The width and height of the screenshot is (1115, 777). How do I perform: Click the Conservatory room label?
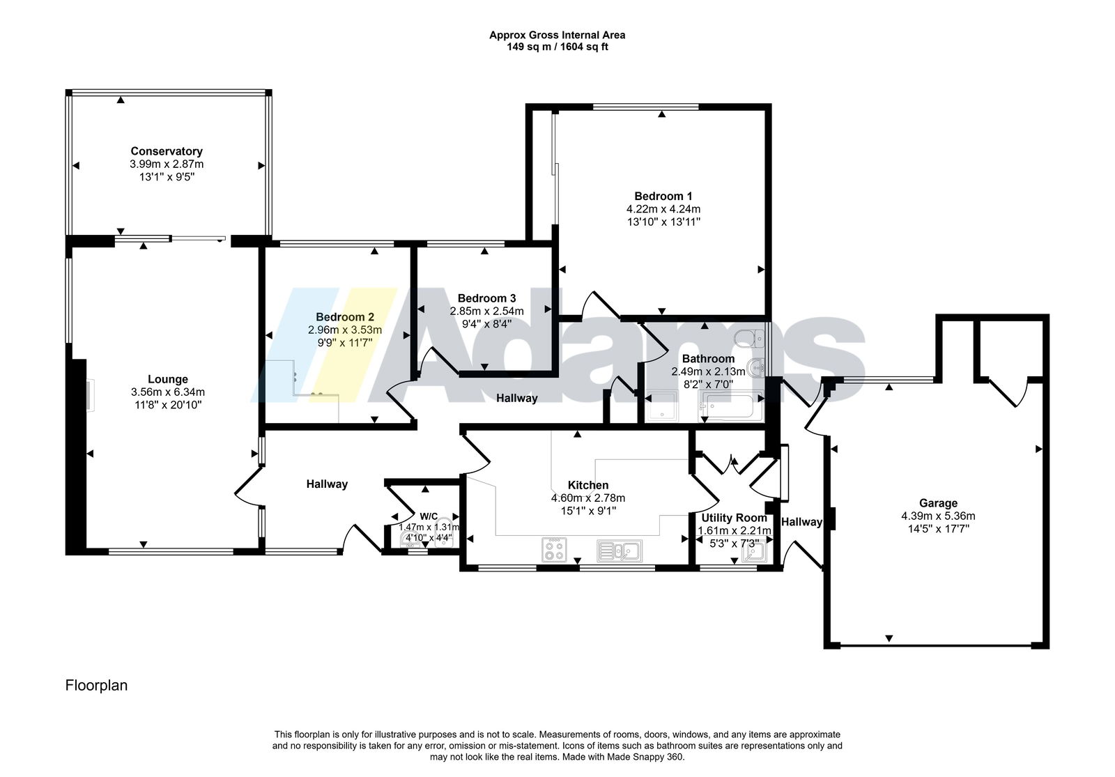click(167, 151)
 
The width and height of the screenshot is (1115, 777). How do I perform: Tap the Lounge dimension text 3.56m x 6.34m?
click(168, 392)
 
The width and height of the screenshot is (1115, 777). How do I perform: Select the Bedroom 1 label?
click(663, 196)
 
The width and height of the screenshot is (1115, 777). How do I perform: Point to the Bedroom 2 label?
click(345, 317)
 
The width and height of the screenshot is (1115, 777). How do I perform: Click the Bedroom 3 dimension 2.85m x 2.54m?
click(487, 311)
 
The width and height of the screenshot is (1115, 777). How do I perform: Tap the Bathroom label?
click(708, 358)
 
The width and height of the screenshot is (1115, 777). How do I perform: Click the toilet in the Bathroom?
click(749, 339)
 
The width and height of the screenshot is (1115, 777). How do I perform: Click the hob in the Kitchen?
click(554, 550)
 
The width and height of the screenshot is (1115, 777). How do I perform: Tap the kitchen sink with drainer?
click(620, 551)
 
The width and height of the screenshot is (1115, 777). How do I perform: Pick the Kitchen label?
click(588, 485)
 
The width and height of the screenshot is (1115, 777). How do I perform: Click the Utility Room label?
click(735, 518)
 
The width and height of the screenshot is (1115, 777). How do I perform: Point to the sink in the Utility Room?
click(754, 551)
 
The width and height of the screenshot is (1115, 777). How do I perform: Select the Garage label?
click(938, 503)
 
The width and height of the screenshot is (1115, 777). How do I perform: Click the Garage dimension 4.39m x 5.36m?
click(938, 516)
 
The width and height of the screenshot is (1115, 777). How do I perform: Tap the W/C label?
click(429, 516)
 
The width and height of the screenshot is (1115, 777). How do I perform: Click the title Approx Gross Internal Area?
click(557, 35)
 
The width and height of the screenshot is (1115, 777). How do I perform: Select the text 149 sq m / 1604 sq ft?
click(557, 47)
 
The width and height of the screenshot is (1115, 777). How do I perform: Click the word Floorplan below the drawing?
click(97, 686)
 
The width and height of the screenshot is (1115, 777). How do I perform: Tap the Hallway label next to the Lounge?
click(327, 484)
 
